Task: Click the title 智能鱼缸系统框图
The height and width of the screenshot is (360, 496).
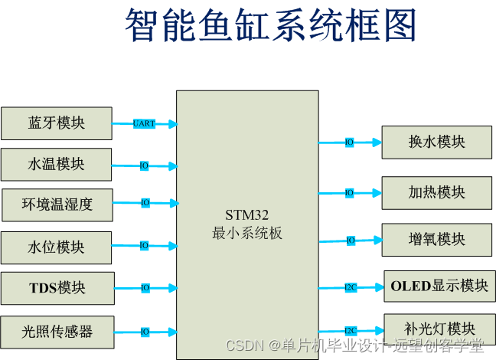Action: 271,26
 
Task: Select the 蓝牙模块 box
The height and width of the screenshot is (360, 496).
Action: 57,123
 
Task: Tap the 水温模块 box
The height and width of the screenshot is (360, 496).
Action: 57,165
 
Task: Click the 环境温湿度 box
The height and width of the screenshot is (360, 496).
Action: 57,205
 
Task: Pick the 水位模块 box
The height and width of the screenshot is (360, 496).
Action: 57,247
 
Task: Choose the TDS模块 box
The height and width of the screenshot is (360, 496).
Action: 57,288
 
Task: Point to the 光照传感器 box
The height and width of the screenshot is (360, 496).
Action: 57,332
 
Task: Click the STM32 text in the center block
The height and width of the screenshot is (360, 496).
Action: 246,214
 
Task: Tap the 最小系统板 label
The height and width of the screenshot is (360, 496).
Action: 246,233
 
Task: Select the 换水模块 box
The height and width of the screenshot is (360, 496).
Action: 436,142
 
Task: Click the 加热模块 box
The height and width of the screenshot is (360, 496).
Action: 436,192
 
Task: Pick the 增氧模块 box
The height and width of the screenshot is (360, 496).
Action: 436,239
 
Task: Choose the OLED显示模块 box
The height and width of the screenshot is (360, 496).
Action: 439,286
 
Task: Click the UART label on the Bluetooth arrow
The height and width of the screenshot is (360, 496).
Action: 144,123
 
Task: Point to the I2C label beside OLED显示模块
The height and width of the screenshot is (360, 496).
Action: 351,287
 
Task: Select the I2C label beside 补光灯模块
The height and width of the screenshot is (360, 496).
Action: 351,330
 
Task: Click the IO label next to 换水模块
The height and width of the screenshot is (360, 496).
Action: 349,142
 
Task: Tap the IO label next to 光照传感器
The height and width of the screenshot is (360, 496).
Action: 144,332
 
